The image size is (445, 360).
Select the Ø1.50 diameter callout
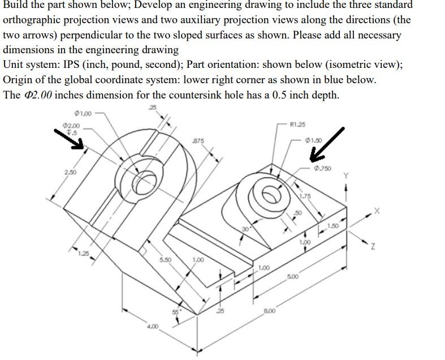tap(313, 140)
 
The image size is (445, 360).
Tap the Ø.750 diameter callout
tap(323, 168)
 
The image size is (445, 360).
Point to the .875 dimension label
tap(198, 139)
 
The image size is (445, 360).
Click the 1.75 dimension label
tap(305, 196)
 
